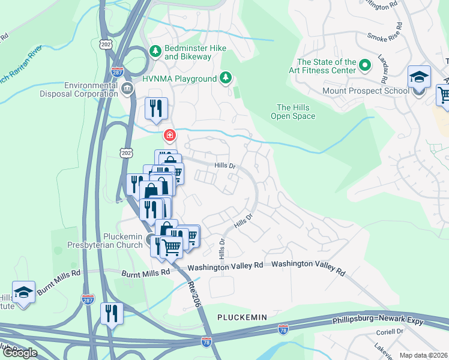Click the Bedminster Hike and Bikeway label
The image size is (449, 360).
188,52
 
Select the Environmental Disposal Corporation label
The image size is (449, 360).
79,89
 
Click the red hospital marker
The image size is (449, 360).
170,134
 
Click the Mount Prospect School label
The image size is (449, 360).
374,91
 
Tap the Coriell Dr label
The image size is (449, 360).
391,331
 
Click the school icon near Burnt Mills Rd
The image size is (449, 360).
23,293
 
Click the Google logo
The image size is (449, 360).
20,353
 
